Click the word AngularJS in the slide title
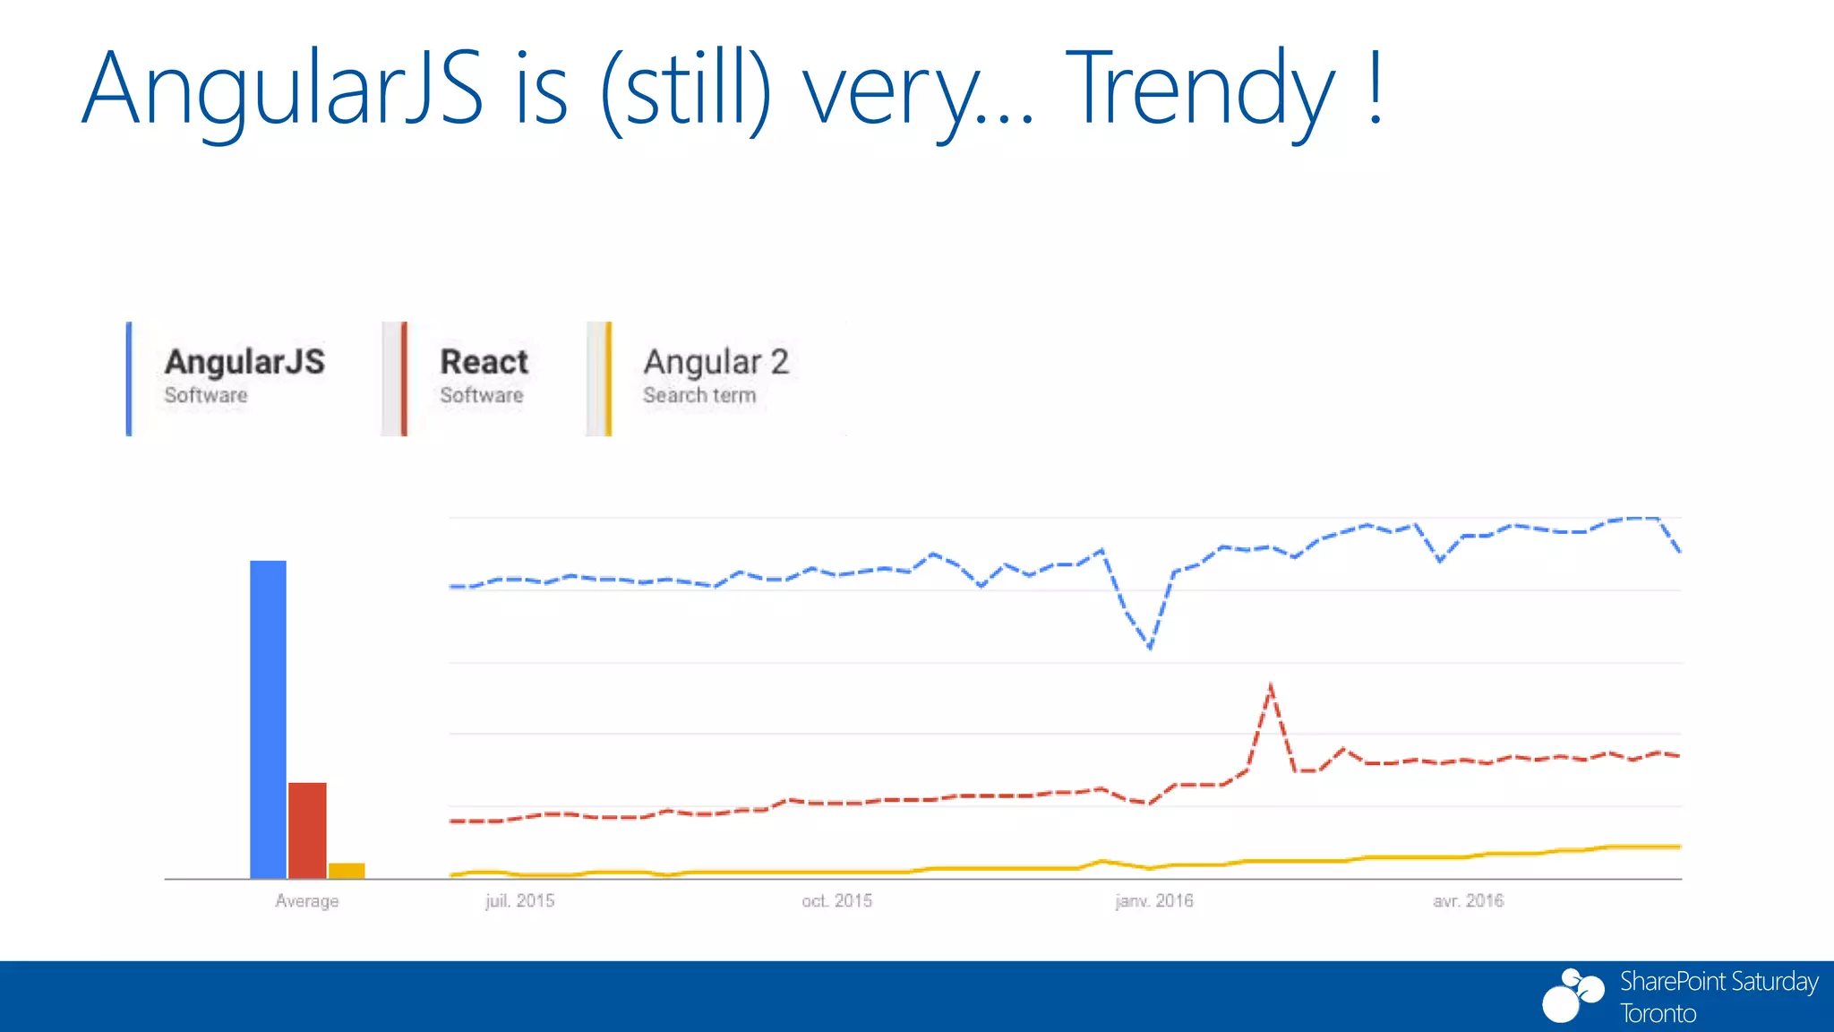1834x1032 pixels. (x=282, y=90)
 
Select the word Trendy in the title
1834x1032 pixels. (x=1200, y=90)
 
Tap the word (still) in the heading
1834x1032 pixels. (x=686, y=90)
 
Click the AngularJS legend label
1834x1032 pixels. (x=244, y=362)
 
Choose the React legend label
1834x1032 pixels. (x=484, y=362)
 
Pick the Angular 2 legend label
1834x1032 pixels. (x=716, y=362)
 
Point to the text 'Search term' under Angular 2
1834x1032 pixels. (x=699, y=395)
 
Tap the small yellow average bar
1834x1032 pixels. (x=347, y=870)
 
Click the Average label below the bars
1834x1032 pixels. (x=307, y=901)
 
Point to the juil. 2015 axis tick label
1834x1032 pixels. (x=519, y=901)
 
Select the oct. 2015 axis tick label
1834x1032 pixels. (x=836, y=901)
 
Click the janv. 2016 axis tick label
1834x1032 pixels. (x=1154, y=901)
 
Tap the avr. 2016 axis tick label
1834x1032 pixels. (x=1468, y=901)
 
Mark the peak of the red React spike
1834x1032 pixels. (x=1271, y=687)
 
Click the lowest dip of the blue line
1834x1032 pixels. (x=1150, y=646)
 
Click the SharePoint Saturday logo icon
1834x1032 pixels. (x=1572, y=995)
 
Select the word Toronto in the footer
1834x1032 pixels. (x=1658, y=1014)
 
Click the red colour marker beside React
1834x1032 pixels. (x=404, y=379)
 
